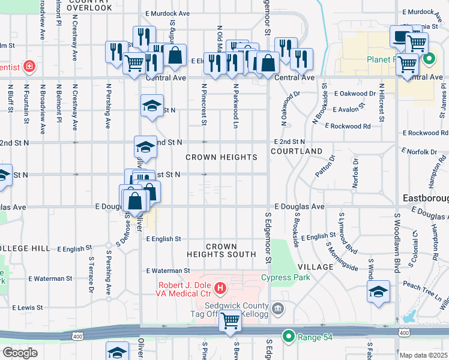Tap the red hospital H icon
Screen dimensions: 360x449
pos(220,289)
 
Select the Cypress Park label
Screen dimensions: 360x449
pos(285,277)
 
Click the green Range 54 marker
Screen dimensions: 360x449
pos(289,337)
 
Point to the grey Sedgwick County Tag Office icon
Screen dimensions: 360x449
pos(277,309)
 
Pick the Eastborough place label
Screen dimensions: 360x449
pos(424,198)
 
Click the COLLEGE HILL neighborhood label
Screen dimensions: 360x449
pos(25,248)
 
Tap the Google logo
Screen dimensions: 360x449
pos(20,352)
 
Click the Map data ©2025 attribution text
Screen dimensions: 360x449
pos(423,355)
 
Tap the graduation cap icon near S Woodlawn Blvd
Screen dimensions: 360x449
pos(378,292)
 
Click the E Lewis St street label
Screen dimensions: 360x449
pos(28,307)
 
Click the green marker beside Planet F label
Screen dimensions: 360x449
pos(429,59)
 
